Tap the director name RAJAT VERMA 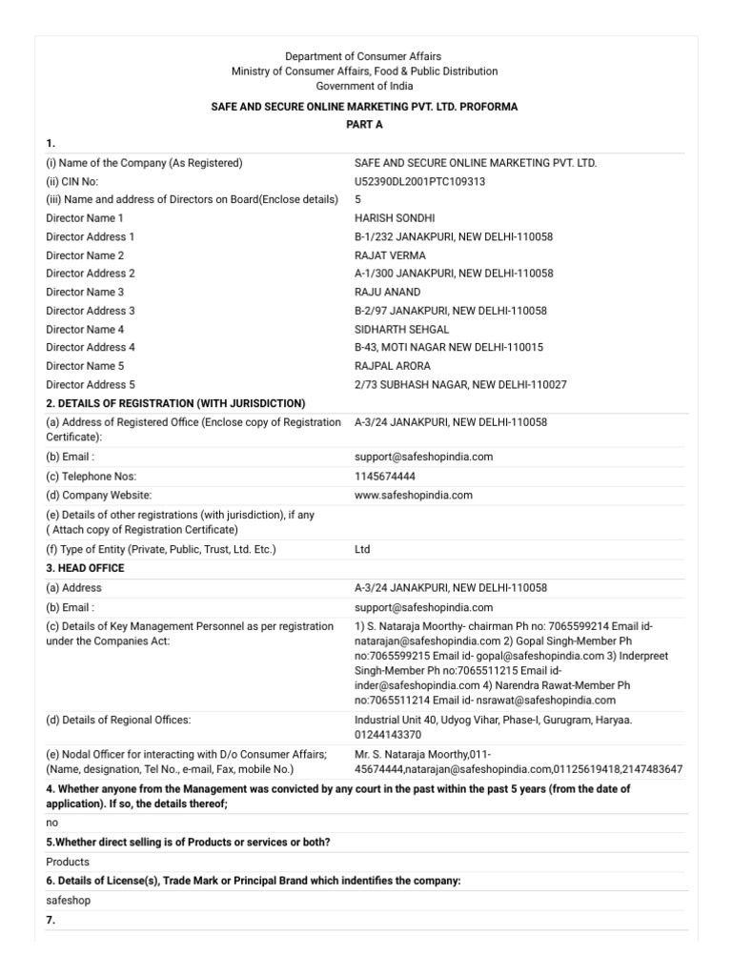click(x=390, y=255)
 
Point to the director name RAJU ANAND click(x=387, y=292)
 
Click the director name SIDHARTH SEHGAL click(x=401, y=329)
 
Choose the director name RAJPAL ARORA click(x=392, y=366)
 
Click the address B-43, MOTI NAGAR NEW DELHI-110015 click(x=452, y=347)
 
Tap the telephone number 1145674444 click(x=384, y=476)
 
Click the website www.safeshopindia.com click(x=413, y=495)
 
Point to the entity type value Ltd click(x=362, y=549)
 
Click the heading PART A click(x=364, y=125)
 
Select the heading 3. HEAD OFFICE click(x=85, y=568)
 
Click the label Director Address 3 click(x=91, y=311)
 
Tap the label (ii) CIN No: click(x=72, y=181)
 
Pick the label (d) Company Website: click(x=99, y=495)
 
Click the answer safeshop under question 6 click(x=69, y=900)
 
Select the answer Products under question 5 click(x=68, y=862)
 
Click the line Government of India click(x=364, y=86)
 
